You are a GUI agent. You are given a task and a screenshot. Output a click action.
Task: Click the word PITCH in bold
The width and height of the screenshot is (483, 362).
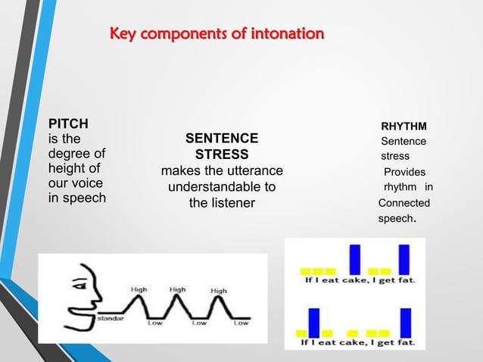pos(68,123)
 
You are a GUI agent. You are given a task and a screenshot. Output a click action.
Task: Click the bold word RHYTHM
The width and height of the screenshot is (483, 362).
pos(404,125)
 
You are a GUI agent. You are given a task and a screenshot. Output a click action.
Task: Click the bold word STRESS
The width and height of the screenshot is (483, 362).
pos(222,154)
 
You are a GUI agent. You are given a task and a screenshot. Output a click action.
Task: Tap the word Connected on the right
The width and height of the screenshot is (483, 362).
pos(404,203)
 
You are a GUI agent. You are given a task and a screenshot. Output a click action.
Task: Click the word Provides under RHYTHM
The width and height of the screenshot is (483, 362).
pos(404,172)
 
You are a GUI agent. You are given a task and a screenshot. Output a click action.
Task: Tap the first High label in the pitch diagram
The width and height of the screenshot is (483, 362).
pos(139,289)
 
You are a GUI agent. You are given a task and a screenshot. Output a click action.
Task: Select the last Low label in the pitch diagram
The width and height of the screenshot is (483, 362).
pos(241,323)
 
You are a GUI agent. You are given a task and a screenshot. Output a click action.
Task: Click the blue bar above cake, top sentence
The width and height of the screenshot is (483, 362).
pos(354,260)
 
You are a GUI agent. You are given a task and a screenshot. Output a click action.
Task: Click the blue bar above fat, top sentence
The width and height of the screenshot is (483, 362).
pos(404,259)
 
